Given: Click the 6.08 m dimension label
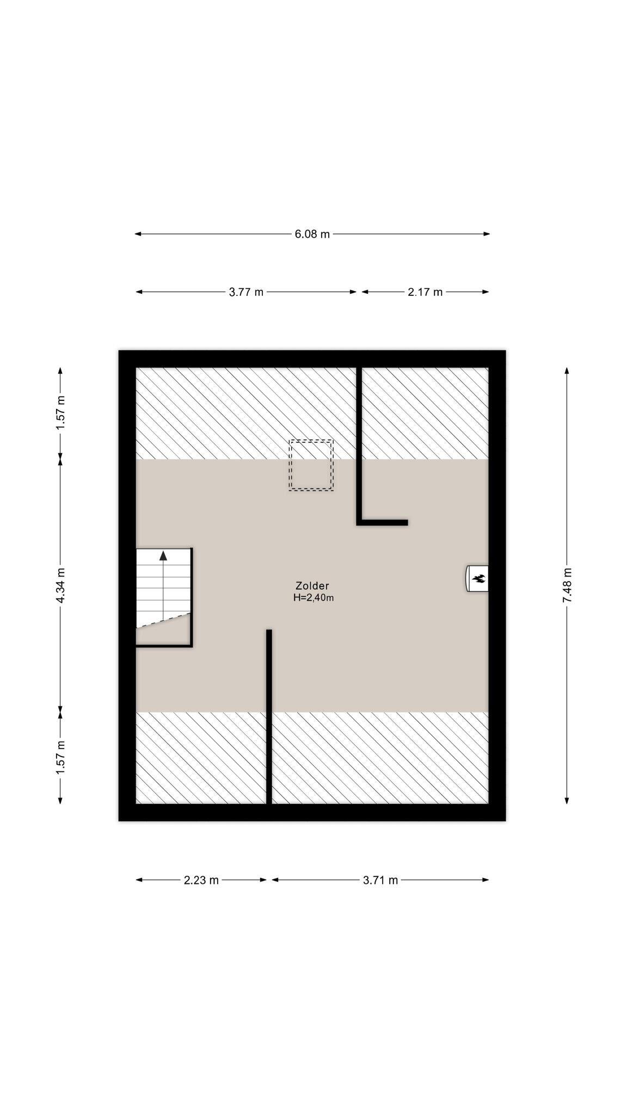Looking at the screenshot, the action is click(312, 234).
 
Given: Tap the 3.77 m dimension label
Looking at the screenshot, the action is click(246, 292).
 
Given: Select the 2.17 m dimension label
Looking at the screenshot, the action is click(425, 292).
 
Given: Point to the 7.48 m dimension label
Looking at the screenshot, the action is click(567, 584).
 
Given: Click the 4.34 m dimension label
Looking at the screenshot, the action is click(60, 585).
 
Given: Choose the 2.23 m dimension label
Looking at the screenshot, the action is click(201, 880).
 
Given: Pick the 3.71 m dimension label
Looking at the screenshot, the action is click(380, 880).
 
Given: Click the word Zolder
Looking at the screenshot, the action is click(312, 586).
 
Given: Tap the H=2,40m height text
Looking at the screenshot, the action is click(313, 597).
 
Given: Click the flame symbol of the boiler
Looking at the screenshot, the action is click(480, 579).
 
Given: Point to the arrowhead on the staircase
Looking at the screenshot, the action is click(163, 555).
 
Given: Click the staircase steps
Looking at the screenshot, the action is click(163, 587).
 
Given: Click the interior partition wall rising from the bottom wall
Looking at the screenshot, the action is click(269, 716).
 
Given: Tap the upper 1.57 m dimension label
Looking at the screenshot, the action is click(60, 413).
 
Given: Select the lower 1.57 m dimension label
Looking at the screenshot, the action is click(60, 757).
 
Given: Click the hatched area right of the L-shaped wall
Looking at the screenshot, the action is click(425, 413).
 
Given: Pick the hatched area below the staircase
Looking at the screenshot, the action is click(201, 758).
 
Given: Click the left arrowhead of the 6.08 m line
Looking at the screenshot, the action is click(138, 234).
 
